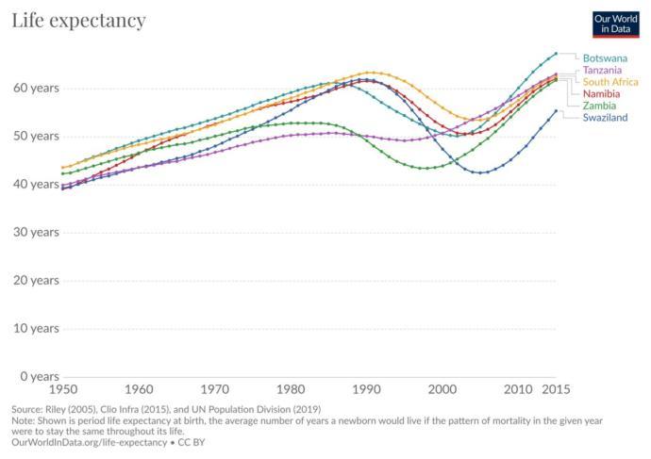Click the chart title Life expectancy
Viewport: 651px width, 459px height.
tap(78, 20)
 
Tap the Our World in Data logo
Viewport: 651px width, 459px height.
tap(615, 25)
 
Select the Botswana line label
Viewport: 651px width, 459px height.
tap(605, 58)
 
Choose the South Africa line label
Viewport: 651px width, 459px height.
tap(610, 82)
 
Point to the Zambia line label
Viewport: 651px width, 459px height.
tap(599, 106)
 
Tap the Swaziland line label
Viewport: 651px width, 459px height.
tap(605, 118)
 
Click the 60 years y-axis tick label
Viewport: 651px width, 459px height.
tap(35, 88)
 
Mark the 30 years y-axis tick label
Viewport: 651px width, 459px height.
tap(35, 232)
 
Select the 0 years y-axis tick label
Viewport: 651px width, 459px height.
tap(38, 376)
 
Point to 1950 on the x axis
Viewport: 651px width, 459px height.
tap(63, 388)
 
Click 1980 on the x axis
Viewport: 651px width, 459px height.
tap(291, 388)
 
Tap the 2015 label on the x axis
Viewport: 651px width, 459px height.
tap(556, 388)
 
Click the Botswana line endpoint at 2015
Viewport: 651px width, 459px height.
tap(556, 54)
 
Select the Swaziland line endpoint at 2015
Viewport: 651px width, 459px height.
tap(556, 110)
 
